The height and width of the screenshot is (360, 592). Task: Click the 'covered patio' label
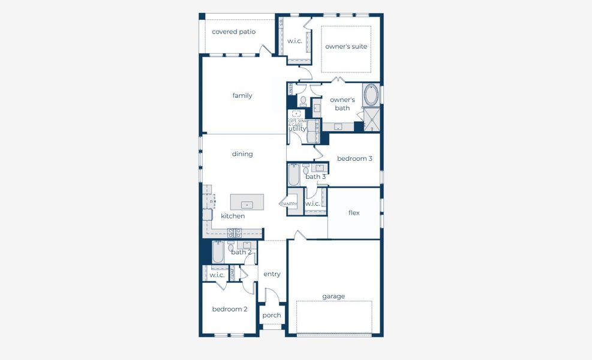coord(233,32)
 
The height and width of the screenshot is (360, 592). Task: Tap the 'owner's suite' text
coord(346,47)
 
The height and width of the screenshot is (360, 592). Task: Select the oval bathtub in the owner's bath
coord(371,95)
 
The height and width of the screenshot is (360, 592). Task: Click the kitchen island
coord(247,202)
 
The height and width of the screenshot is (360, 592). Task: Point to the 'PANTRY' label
coord(289,204)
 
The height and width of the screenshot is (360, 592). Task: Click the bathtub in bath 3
coord(293,175)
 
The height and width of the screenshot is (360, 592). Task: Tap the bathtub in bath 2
coord(218,253)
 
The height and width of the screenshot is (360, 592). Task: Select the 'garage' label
coord(333,296)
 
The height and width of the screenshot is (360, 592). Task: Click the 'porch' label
coord(272,316)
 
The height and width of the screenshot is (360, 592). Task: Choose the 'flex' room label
coord(354,213)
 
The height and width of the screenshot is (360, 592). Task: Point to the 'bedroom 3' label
coord(354,159)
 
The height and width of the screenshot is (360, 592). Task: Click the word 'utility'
coord(297,129)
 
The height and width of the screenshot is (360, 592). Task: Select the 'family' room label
coord(242,96)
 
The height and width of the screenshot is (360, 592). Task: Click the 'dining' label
coord(242,154)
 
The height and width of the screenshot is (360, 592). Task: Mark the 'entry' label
coord(272,274)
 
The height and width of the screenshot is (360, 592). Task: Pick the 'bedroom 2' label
coord(230,310)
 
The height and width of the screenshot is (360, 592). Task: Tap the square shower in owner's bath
coord(372,119)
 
